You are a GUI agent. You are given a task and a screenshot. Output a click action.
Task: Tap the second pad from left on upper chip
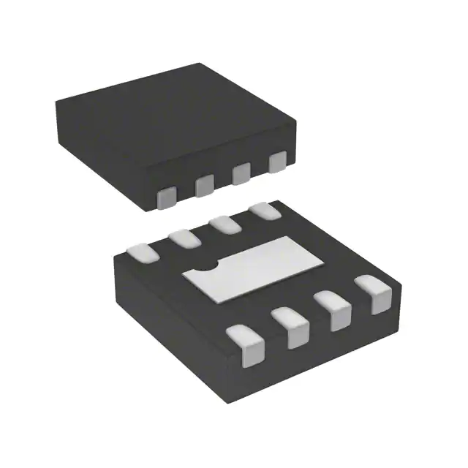click(204, 186)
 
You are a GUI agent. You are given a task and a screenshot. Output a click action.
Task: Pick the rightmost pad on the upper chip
click(276, 162)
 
